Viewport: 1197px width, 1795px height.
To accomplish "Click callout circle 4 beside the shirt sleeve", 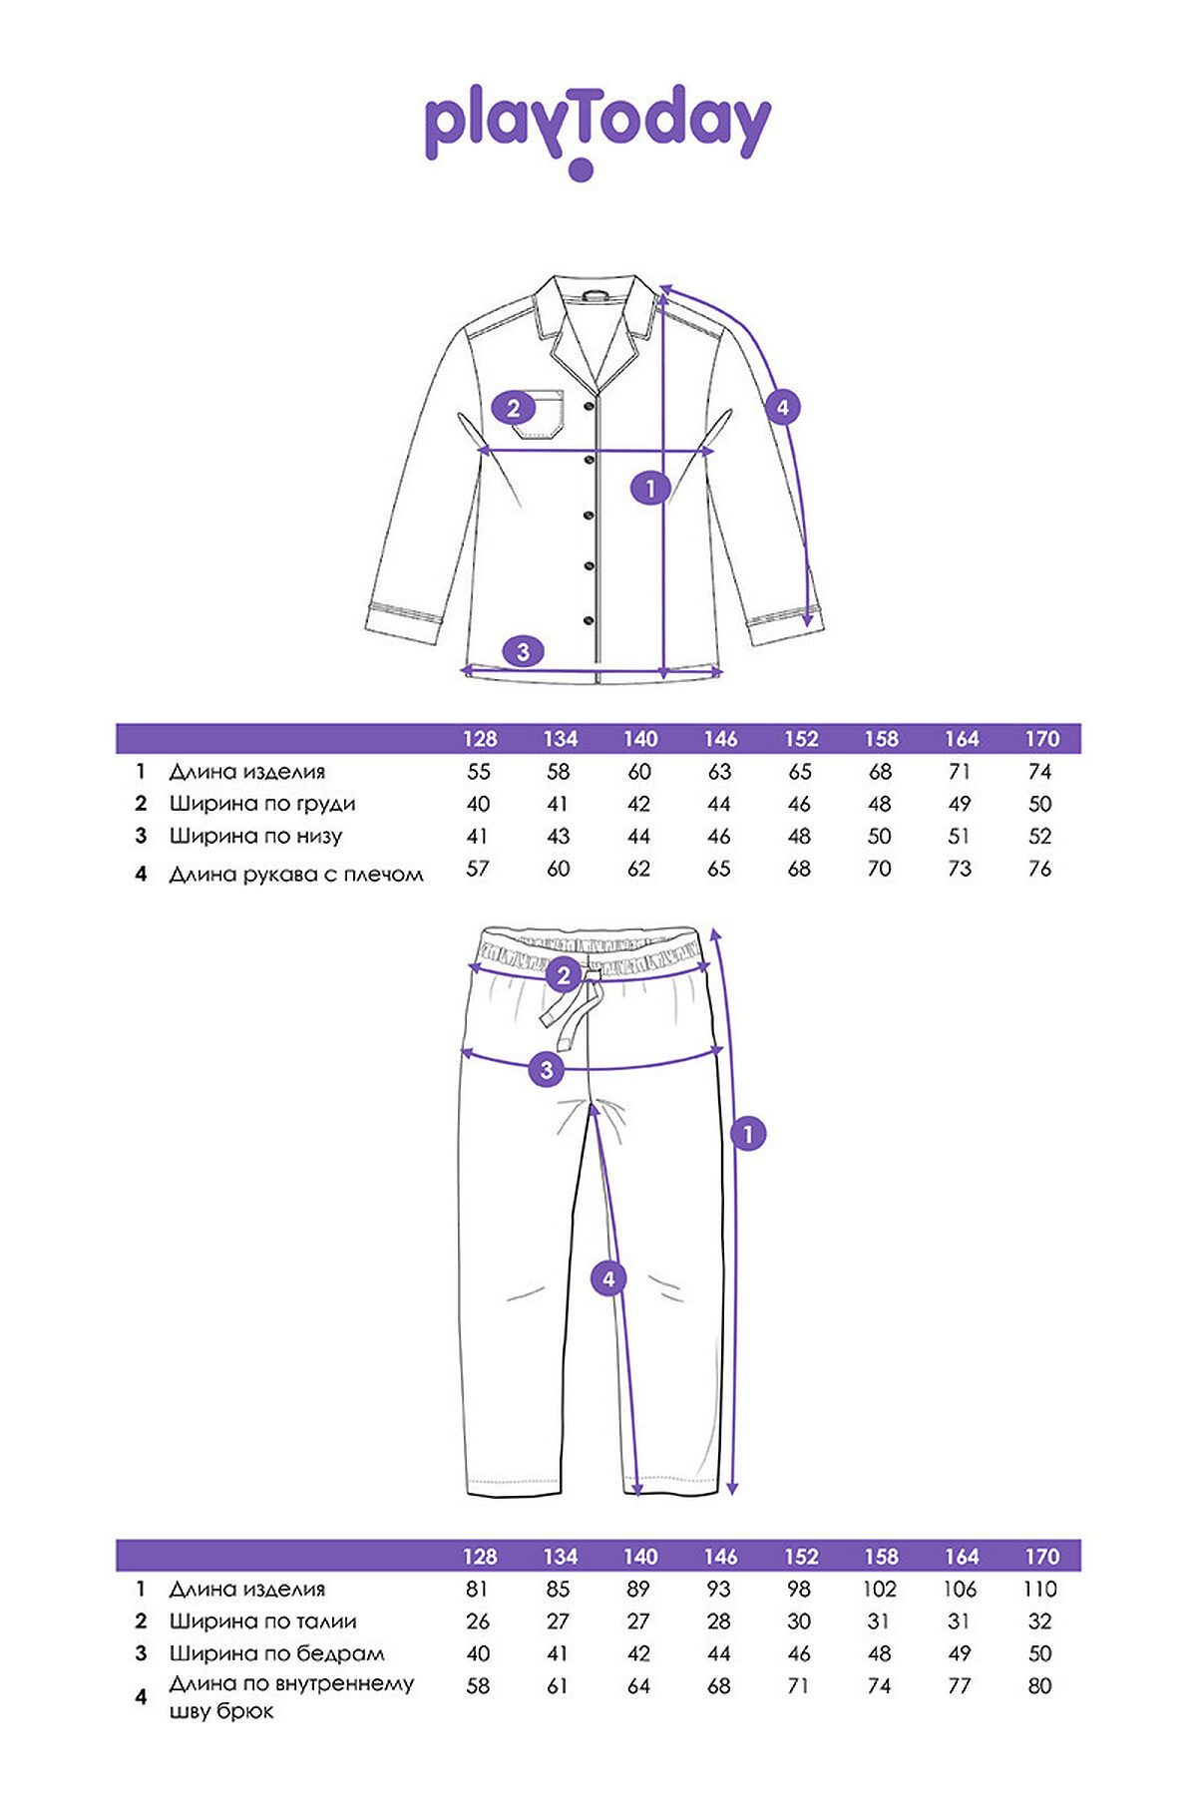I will pyautogui.click(x=782, y=407).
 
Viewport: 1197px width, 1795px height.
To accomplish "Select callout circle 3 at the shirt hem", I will pyautogui.click(x=523, y=652).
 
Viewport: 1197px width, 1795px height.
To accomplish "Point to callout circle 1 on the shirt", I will pyautogui.click(x=650, y=488).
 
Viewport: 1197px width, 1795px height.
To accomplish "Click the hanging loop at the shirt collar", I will pyautogui.click(x=596, y=296).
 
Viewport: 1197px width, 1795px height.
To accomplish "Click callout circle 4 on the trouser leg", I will pyautogui.click(x=609, y=1278).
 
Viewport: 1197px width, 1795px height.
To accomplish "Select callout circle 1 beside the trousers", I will pyautogui.click(x=748, y=1133).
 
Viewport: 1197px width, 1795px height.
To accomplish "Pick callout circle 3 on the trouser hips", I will pyautogui.click(x=547, y=1070).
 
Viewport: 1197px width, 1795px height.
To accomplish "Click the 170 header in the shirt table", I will pyautogui.click(x=1041, y=739).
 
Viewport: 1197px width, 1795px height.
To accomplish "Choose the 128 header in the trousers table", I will pyautogui.click(x=480, y=1556).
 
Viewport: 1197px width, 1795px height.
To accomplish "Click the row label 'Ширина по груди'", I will pyautogui.click(x=261, y=804).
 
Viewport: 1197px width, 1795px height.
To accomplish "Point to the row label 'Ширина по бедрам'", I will pyautogui.click(x=276, y=1653).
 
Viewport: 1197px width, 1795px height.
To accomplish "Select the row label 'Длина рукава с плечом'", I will pyautogui.click(x=296, y=875).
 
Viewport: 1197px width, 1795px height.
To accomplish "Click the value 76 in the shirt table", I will pyautogui.click(x=1039, y=869).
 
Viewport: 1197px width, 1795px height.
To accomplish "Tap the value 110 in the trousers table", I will pyautogui.click(x=1039, y=1589).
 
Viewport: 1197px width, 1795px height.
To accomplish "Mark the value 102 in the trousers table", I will pyautogui.click(x=880, y=1589).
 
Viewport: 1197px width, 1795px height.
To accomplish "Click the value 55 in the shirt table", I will pyautogui.click(x=479, y=772).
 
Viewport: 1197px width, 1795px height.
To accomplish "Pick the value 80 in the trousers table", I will pyautogui.click(x=1039, y=1685).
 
